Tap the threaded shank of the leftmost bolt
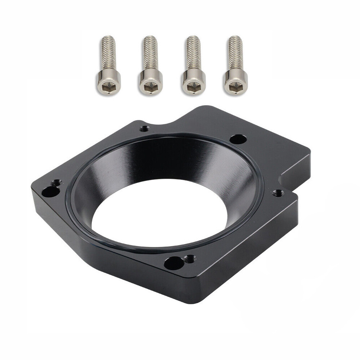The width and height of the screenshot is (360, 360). [107, 52]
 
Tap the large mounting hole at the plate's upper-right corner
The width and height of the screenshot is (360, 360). [237, 139]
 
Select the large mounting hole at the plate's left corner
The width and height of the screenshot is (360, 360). [47, 192]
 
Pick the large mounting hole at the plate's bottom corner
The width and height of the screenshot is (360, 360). [172, 262]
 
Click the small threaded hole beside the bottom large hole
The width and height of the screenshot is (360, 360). [189, 258]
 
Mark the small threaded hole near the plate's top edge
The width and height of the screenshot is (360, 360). [145, 128]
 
